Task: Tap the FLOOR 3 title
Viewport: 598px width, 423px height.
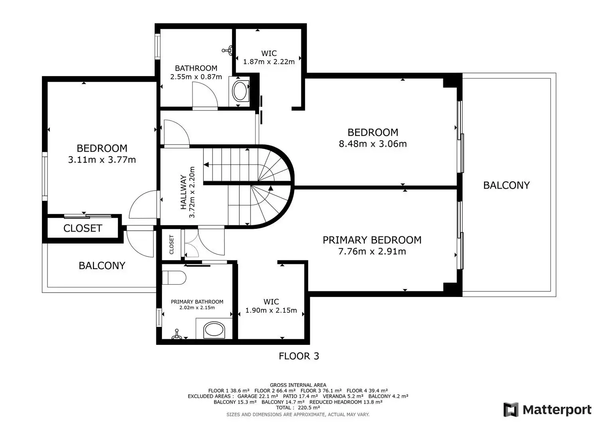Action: click(299, 356)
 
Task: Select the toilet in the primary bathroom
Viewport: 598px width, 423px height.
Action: click(174, 278)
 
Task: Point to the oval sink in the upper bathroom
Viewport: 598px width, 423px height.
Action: click(240, 91)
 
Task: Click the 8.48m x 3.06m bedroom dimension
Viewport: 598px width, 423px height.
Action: click(373, 144)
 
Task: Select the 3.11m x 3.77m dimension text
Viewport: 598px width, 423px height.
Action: click(102, 160)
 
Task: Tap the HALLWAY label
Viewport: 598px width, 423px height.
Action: click(183, 192)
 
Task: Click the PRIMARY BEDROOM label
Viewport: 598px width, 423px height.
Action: click(372, 240)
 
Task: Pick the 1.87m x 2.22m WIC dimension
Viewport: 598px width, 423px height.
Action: click(269, 62)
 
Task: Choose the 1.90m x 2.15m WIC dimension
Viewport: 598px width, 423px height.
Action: click(271, 310)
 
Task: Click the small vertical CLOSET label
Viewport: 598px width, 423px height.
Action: click(171, 245)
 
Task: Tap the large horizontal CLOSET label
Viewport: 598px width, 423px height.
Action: click(83, 228)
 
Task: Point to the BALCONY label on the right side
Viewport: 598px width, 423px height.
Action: click(506, 185)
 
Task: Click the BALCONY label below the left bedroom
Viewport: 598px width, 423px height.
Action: click(102, 266)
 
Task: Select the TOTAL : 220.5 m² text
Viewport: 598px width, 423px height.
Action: click(298, 408)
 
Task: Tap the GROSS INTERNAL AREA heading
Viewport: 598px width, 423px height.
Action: click(298, 385)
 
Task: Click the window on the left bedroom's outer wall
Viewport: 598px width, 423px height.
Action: click(45, 177)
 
